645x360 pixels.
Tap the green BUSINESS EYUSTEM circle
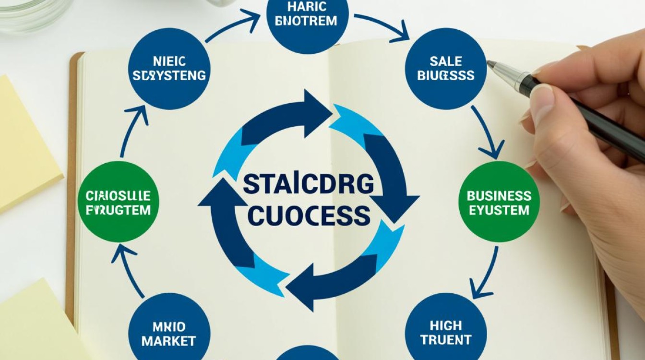click(499, 202)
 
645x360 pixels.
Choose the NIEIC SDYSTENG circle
click(168, 69)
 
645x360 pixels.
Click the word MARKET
click(169, 341)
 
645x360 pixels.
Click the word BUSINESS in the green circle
click(499, 195)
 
